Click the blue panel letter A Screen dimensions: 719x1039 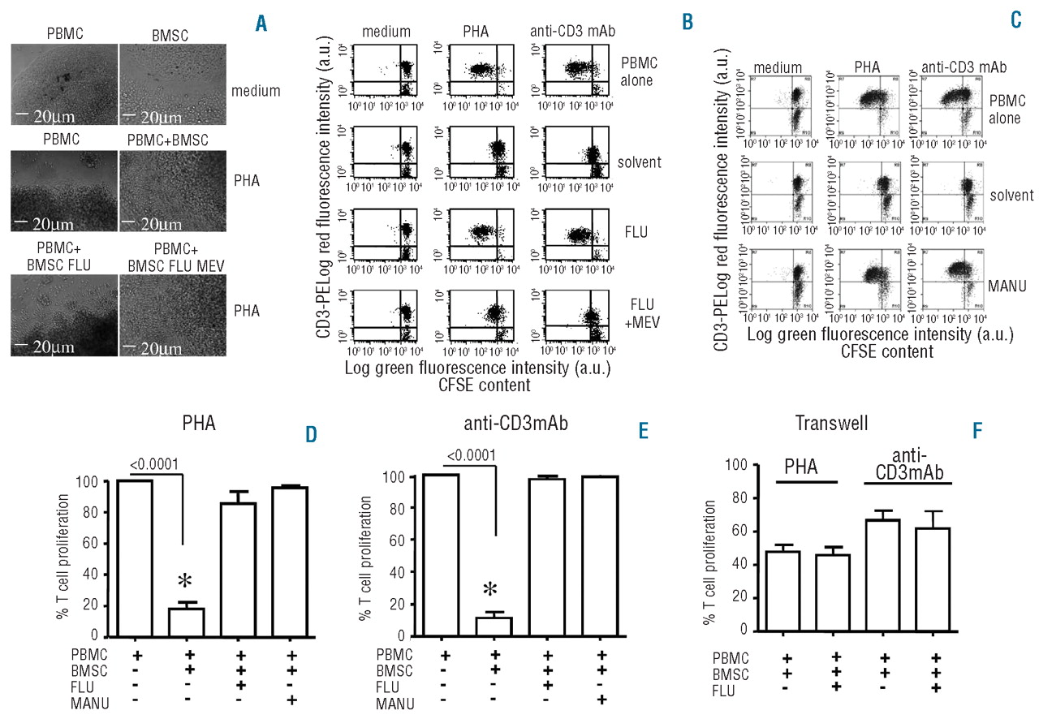(262, 24)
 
